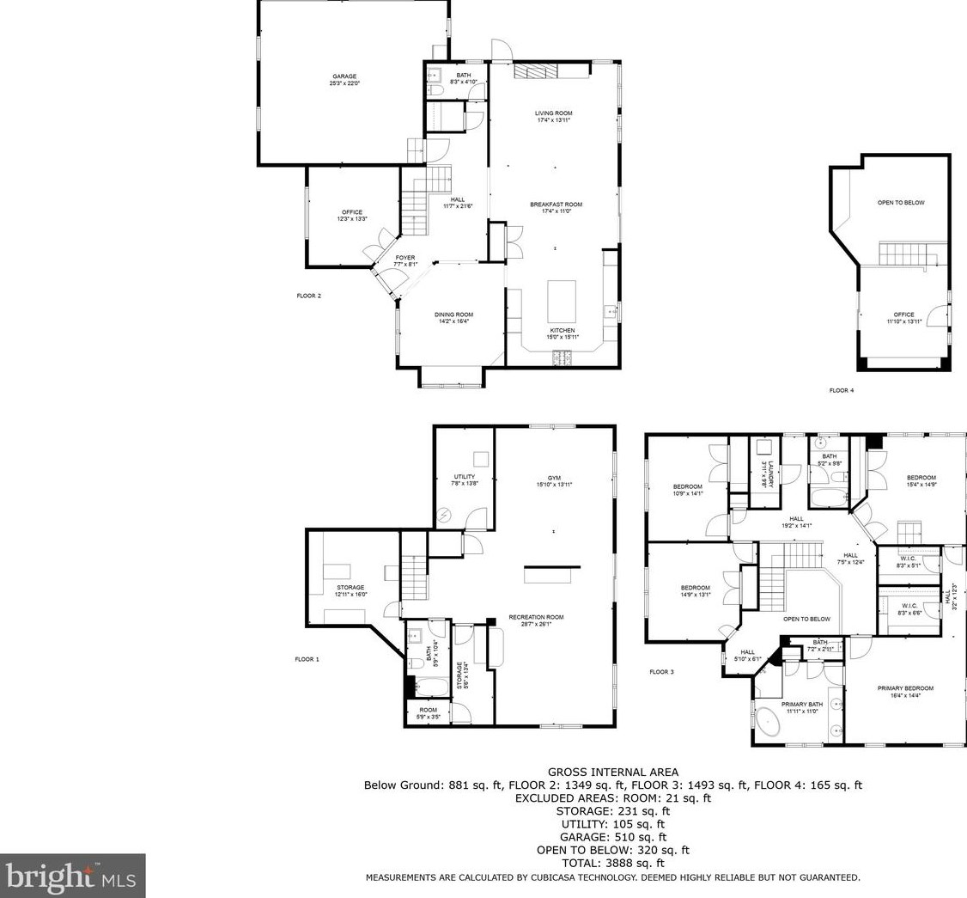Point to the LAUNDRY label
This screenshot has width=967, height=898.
(x=770, y=473)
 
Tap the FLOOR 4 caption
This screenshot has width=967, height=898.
(x=841, y=390)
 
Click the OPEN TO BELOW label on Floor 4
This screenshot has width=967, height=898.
(x=901, y=203)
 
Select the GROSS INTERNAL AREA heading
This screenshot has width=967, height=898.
(x=612, y=772)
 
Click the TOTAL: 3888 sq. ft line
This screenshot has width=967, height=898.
(x=612, y=863)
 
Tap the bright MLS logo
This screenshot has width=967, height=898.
(x=73, y=876)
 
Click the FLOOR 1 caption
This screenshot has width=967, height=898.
(x=307, y=659)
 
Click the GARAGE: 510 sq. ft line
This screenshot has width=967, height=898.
(x=612, y=837)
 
